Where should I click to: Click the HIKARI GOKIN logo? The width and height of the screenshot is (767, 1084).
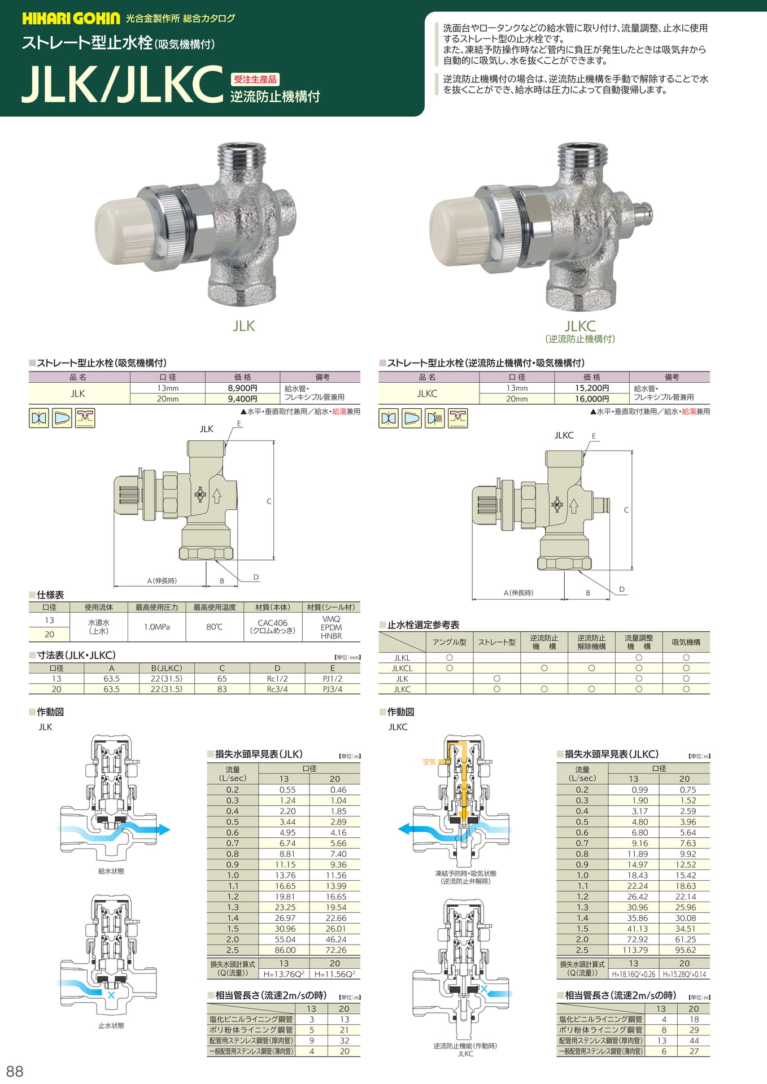[71, 19]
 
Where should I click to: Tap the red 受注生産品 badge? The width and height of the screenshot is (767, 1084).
[255, 80]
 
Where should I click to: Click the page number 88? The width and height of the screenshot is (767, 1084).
[15, 1071]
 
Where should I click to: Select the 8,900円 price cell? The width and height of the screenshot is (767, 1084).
[242, 388]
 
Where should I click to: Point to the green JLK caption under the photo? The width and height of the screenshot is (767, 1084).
[244, 326]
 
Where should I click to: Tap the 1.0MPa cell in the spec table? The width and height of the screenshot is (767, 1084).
[157, 627]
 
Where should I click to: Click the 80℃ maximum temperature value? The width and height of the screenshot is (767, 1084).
[215, 627]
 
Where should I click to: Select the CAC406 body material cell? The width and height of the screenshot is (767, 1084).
[273, 627]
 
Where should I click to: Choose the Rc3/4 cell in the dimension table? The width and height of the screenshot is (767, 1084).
[277, 689]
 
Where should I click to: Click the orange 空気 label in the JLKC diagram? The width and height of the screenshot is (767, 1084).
[429, 762]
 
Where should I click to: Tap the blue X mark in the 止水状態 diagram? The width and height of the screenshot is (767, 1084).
[111, 995]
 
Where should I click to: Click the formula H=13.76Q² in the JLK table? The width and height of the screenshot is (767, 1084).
[284, 974]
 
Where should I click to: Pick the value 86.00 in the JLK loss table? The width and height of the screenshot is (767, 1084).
[285, 950]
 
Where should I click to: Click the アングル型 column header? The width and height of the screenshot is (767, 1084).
[450, 642]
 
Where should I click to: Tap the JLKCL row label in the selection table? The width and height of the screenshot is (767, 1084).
[402, 668]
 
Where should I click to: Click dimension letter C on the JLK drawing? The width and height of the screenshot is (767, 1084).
[269, 501]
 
